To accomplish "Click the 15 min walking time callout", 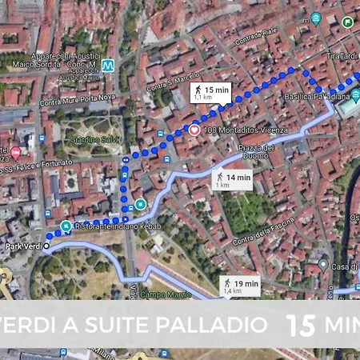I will pyautogui.click(x=210, y=94).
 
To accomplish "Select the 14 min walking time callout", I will pyautogui.click(x=233, y=180).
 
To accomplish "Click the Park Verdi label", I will pyautogui.click(x=21, y=246).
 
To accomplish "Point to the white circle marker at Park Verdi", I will pyautogui.click(x=46, y=246).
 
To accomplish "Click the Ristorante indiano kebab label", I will pyautogui.click(x=118, y=227).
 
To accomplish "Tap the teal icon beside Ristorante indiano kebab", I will pyautogui.click(x=66, y=226).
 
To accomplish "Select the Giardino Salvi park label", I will pyautogui.click(x=94, y=140).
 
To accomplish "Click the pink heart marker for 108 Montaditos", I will pyautogui.click(x=194, y=130).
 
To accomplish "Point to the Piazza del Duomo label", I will pyautogui.click(x=258, y=150).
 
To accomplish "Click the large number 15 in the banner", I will pyautogui.click(x=301, y=324).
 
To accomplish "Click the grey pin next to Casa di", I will pyautogui.click(x=322, y=264).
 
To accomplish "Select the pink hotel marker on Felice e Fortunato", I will pyautogui.click(x=15, y=153).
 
